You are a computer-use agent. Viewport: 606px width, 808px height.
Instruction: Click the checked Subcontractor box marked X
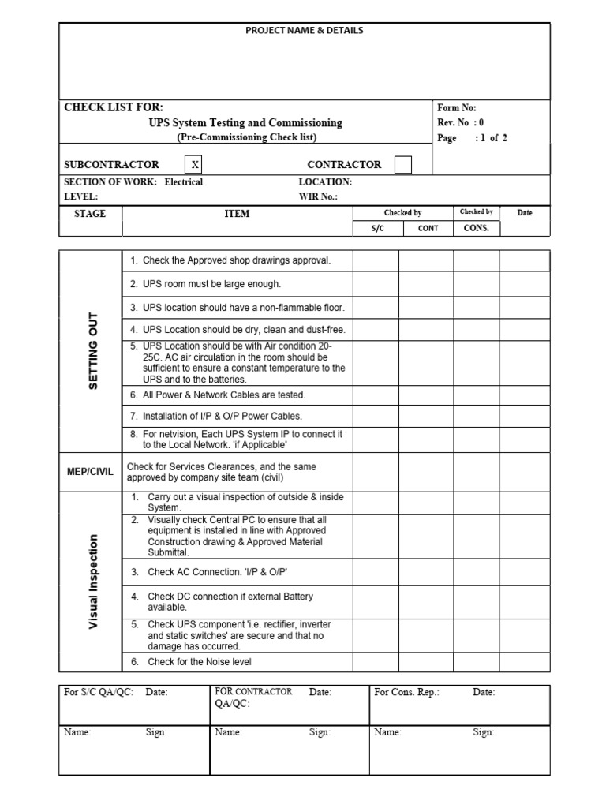pyautogui.click(x=194, y=165)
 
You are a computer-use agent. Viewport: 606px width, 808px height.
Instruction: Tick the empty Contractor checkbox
pyautogui.click(x=402, y=165)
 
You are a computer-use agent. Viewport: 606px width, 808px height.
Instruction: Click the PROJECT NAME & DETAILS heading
pyautogui.click(x=305, y=31)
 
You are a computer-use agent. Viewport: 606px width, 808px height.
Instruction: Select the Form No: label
pyautogui.click(x=457, y=108)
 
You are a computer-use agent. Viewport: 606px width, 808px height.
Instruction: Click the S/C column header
pyautogui.click(x=376, y=228)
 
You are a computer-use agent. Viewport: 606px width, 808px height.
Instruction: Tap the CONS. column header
pyautogui.click(x=477, y=228)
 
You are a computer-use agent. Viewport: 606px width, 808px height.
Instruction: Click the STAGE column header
pyautogui.click(x=90, y=213)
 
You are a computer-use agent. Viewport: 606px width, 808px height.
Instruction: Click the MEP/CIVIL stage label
pyautogui.click(x=90, y=472)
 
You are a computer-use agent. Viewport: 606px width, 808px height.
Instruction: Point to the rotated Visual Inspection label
pyautogui.click(x=92, y=582)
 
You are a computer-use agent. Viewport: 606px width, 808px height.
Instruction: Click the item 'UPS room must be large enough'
pyautogui.click(x=206, y=284)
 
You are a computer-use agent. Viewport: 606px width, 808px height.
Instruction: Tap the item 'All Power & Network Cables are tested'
pyautogui.click(x=218, y=395)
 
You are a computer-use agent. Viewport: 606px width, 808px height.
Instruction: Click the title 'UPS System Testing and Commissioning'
pyautogui.click(x=245, y=123)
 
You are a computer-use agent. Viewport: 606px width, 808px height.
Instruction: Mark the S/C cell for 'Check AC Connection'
pyautogui.click(x=376, y=572)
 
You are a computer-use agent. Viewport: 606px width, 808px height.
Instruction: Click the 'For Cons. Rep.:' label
pyautogui.click(x=406, y=692)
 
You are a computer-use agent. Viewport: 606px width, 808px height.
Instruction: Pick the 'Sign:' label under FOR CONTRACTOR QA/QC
pyautogui.click(x=320, y=732)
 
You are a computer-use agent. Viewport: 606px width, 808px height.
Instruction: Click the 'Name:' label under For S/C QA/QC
pyautogui.click(x=77, y=732)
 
